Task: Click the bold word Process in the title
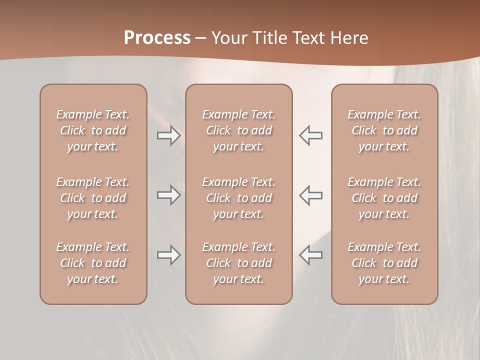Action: tap(157, 38)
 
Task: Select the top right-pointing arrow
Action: tap(168, 135)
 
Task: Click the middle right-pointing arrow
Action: tap(168, 195)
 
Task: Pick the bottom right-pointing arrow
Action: tap(168, 255)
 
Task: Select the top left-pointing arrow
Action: tap(310, 135)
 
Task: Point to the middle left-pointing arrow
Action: tap(310, 195)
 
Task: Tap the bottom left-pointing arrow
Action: tap(310, 255)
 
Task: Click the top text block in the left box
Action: tap(93, 130)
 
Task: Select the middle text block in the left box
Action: tap(93, 198)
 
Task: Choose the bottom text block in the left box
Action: tap(93, 263)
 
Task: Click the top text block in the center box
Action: tap(238, 130)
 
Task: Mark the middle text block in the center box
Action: tap(238, 198)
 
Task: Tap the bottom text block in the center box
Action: tap(238, 263)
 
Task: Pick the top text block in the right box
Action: tap(384, 130)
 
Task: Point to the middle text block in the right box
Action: tap(384, 198)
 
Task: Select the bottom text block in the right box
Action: tap(384, 263)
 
